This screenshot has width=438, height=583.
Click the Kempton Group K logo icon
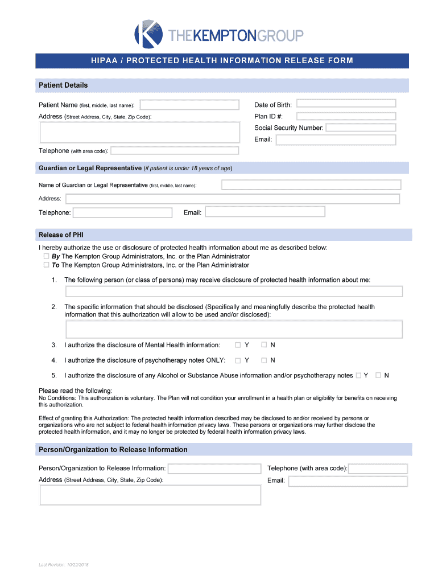click(148, 34)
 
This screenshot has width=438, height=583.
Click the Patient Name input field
click(189, 105)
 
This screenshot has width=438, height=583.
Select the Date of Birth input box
click(346, 104)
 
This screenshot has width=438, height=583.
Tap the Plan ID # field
click(346, 116)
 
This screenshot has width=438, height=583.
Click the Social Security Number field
click(360, 128)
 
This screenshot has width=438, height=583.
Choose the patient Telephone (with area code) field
click(175, 151)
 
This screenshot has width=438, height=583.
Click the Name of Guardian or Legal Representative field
click(311, 185)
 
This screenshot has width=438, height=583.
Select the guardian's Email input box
click(265, 212)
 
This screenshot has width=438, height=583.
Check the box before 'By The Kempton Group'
click(46, 257)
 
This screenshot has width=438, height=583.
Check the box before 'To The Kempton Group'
click(46, 265)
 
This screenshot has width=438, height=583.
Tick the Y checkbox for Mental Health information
click(238, 345)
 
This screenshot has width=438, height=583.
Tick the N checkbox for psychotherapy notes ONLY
click(264, 360)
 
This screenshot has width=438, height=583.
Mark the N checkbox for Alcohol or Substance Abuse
click(378, 375)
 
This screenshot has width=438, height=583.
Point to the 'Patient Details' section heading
click(63, 85)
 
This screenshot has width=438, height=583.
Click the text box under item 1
click(234, 291)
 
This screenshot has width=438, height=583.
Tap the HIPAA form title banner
click(222, 61)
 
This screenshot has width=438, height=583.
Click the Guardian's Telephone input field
click(122, 212)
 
